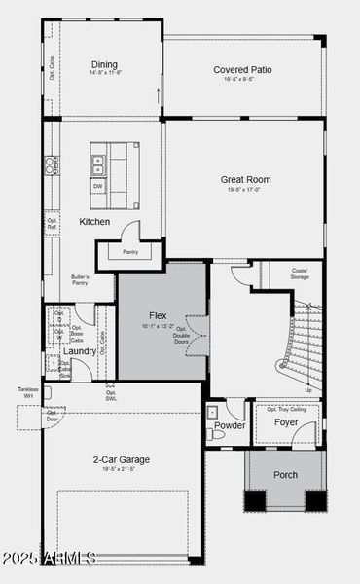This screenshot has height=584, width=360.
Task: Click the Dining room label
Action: point(104,64)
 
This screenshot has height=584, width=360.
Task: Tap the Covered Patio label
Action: point(242,70)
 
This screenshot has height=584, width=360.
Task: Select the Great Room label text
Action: point(245,180)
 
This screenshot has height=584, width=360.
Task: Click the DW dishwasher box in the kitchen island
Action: point(97,186)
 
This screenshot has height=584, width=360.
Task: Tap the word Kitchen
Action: point(94,222)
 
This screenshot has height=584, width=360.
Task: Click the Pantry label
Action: point(130,252)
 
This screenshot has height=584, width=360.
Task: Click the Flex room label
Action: point(158,316)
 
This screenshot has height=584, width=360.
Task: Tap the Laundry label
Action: point(81,351)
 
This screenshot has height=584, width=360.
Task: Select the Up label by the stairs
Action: point(309,389)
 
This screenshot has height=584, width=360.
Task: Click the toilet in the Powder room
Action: point(216,435)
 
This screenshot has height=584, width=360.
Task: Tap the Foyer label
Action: point(286,423)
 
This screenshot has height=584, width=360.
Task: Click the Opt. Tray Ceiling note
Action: point(286,409)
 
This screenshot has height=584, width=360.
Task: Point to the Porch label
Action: point(286,475)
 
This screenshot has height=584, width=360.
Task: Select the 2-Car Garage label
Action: point(122,459)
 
